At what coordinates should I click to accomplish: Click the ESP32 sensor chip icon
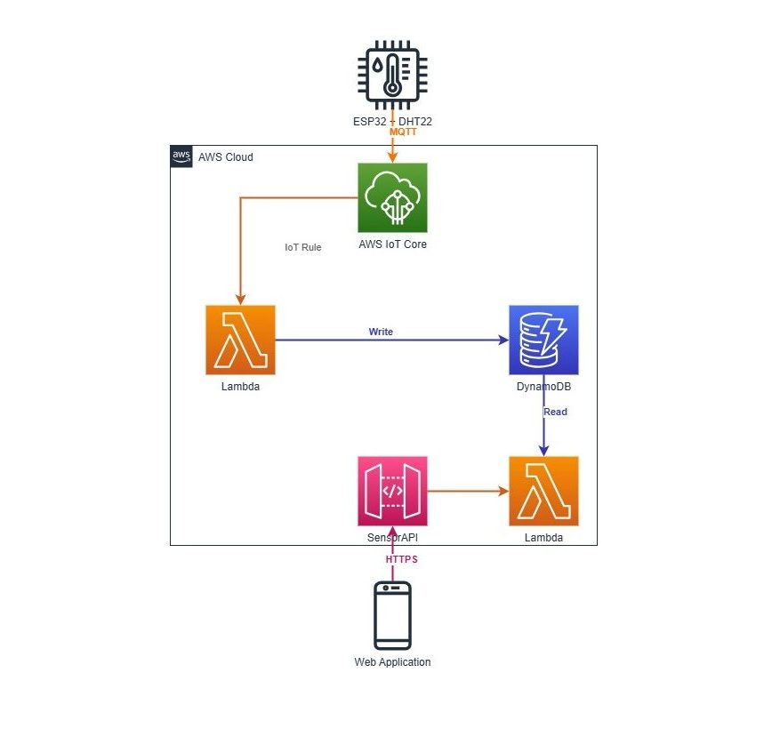[391, 74]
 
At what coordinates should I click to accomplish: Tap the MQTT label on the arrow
[403, 131]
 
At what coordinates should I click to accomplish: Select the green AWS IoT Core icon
[392, 197]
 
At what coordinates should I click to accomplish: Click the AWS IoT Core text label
[392, 244]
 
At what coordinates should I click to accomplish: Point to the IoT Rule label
[302, 247]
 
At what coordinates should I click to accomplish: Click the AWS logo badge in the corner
[181, 156]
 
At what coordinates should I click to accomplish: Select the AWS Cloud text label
[225, 157]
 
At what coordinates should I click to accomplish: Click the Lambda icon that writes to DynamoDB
[240, 340]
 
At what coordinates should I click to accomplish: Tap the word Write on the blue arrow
[381, 332]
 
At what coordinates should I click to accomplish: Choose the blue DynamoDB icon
[543, 340]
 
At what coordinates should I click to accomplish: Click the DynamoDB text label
[543, 388]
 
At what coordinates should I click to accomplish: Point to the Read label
[555, 412]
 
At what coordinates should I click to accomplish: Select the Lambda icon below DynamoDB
[543, 491]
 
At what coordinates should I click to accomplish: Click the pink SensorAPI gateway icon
[392, 491]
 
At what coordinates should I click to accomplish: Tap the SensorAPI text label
[392, 538]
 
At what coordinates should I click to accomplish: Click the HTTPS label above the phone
[401, 559]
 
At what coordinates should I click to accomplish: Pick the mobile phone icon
[392, 615]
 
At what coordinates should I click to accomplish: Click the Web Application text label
[392, 662]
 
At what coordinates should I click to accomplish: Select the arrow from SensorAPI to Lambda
[468, 491]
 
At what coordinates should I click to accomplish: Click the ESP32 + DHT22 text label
[392, 119]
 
